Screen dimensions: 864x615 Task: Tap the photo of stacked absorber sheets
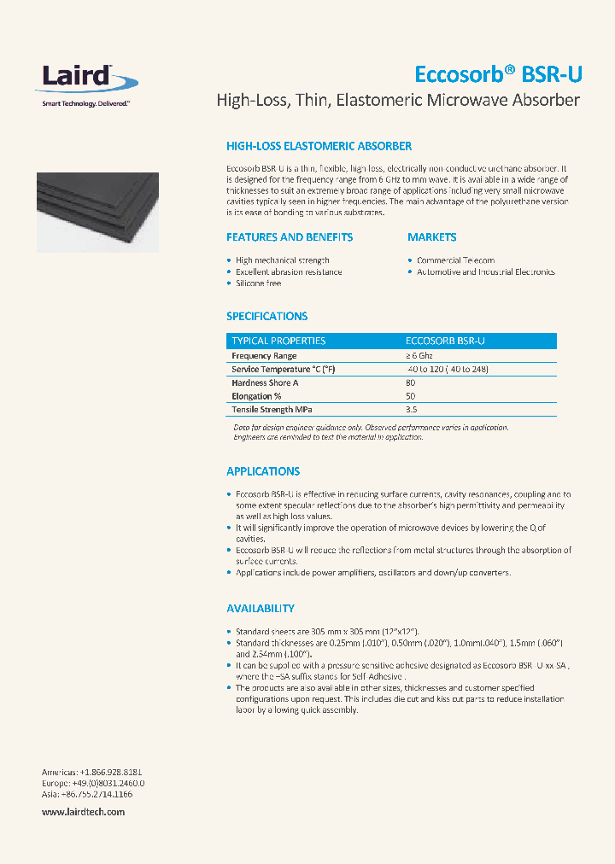click(97, 212)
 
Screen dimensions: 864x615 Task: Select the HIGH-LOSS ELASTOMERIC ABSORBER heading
click(319, 147)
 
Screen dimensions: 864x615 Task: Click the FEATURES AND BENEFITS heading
click(290, 237)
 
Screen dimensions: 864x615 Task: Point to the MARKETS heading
click(431, 237)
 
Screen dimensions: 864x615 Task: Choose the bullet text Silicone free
click(258, 283)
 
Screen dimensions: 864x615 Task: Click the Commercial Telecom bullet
click(455, 260)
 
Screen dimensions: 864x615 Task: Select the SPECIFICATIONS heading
click(266, 316)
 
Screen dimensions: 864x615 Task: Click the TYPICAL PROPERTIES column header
click(278, 341)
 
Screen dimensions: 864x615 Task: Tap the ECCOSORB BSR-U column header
click(445, 341)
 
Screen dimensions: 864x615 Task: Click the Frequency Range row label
click(264, 355)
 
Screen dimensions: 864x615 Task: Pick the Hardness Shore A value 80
click(411, 383)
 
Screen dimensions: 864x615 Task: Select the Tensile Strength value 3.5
click(412, 410)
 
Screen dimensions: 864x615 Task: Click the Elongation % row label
click(256, 397)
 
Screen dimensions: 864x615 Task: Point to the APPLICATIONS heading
click(263, 471)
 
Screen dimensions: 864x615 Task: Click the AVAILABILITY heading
click(261, 609)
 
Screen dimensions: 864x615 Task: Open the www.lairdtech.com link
click(84, 812)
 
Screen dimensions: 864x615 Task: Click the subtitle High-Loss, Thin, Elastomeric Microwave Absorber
click(398, 101)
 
